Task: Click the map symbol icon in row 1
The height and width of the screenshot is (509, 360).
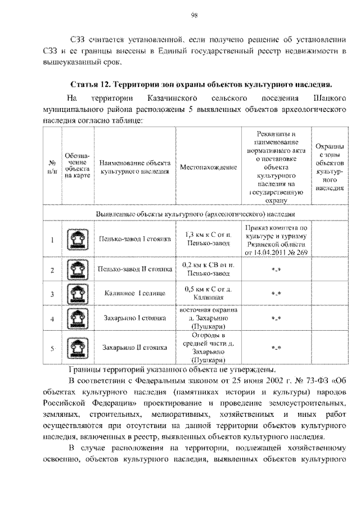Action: (75, 240)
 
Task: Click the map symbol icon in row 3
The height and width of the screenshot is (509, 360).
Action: (75, 294)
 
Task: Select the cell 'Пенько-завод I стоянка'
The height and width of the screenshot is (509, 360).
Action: (134, 240)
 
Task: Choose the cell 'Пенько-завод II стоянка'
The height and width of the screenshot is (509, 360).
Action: (134, 269)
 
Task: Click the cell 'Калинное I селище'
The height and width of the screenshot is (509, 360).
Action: (134, 294)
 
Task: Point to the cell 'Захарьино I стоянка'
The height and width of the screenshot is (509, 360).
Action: (134, 318)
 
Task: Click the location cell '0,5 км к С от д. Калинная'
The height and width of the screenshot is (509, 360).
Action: (208, 294)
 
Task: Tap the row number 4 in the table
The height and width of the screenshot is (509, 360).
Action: (52, 319)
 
